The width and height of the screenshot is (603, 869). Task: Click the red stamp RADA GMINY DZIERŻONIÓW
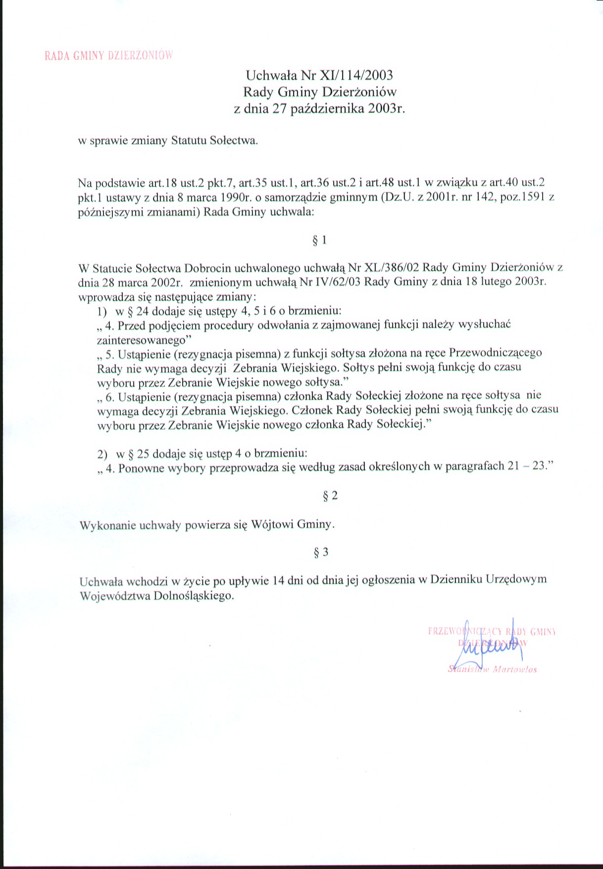tap(108, 55)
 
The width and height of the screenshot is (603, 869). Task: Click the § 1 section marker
tap(320, 240)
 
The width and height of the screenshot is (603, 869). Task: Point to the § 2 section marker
tap(330, 496)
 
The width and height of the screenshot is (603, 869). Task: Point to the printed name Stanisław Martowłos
tap(493, 669)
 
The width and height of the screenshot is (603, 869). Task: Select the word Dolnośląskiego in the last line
tap(194, 596)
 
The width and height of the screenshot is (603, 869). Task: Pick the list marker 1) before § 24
tap(102, 312)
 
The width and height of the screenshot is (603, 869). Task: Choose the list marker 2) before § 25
tap(102, 454)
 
